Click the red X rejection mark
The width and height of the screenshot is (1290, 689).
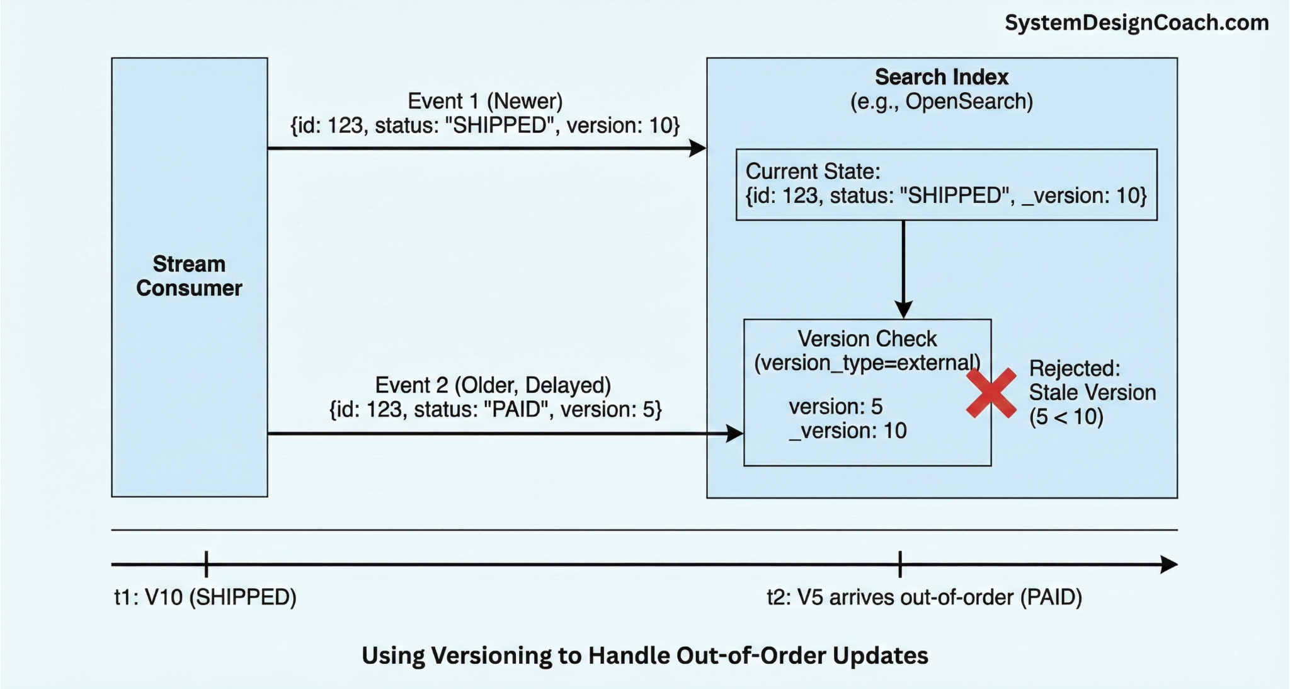click(991, 393)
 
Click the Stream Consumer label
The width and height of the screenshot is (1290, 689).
click(189, 276)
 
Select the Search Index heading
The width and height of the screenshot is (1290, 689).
click(941, 77)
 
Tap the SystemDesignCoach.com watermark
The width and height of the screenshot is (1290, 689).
click(1136, 23)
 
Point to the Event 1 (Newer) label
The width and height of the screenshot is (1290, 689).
click(485, 101)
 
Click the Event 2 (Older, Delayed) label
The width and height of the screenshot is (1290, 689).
click(493, 385)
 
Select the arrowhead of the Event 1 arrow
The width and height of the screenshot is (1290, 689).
click(697, 149)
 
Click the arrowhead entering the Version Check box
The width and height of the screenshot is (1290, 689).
click(734, 434)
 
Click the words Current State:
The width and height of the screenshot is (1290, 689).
click(813, 171)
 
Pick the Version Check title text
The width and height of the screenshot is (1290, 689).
click(867, 339)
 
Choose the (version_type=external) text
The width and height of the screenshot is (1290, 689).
click(867, 363)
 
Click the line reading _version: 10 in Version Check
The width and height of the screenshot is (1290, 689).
click(847, 431)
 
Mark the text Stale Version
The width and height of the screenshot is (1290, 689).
click(1092, 393)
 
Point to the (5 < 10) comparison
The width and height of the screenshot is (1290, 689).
click(1066, 417)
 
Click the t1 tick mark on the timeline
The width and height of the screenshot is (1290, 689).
click(206, 564)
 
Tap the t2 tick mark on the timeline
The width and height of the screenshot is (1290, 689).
click(900, 564)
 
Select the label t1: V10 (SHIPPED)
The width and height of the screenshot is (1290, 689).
click(205, 597)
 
